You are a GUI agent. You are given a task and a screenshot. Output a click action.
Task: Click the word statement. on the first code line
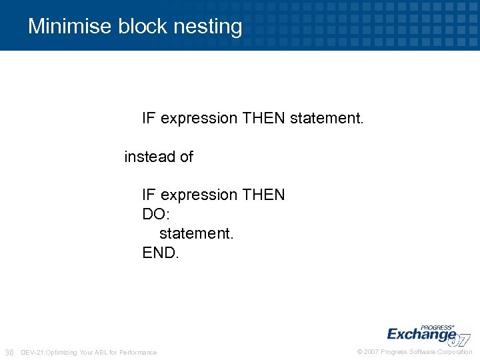327,119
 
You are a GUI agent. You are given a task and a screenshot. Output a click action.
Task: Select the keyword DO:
157,215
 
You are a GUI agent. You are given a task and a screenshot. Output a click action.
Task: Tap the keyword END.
161,253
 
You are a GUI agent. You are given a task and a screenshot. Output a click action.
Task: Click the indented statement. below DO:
197,234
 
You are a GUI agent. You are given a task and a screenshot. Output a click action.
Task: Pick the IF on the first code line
149,119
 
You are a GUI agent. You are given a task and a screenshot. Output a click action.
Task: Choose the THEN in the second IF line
263,195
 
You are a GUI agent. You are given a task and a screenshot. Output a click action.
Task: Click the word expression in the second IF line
199,195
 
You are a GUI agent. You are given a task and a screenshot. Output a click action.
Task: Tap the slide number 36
9,352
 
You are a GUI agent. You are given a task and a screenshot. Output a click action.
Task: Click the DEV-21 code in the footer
33,352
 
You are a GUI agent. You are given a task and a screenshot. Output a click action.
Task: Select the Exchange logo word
421,334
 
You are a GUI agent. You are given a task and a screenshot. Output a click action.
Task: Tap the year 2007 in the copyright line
371,352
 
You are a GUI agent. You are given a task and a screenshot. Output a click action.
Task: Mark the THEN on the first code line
263,119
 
